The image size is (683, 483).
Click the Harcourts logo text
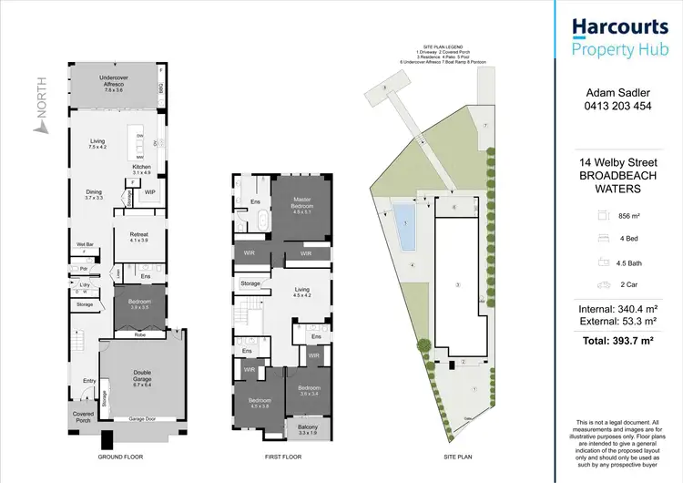pos(617,26)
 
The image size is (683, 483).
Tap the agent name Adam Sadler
pos(617,92)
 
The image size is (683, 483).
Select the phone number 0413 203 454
pos(617,106)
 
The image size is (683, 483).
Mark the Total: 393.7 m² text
pos(617,341)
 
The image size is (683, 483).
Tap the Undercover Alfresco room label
pos(115,87)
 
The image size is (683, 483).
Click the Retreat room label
pos(138,236)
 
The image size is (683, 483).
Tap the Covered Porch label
pos(83,416)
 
